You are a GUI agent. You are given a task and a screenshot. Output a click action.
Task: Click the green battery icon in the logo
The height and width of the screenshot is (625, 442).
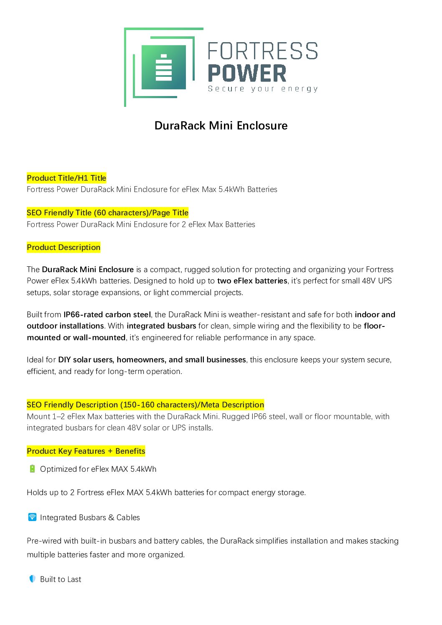tap(164, 67)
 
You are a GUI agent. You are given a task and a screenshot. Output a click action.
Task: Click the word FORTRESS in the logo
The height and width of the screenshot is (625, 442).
tap(263, 51)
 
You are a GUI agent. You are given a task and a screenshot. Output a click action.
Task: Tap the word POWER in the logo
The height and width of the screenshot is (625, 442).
tap(247, 73)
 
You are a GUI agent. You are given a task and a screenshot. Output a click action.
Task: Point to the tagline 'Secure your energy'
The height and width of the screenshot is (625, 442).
tap(263, 89)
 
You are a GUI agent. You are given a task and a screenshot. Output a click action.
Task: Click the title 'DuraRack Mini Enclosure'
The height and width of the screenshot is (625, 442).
tap(221, 126)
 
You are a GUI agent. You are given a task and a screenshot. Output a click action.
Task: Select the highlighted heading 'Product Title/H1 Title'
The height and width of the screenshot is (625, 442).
tap(66, 178)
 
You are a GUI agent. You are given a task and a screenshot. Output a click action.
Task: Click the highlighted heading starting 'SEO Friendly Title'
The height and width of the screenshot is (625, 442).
tap(107, 213)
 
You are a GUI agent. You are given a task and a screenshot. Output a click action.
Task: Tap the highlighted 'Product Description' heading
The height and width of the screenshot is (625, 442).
tap(64, 247)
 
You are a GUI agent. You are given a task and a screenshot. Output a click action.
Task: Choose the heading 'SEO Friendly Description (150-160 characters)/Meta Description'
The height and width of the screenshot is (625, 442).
tap(145, 405)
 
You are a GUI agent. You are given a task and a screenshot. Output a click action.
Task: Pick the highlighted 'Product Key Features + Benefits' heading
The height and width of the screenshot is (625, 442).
tap(86, 451)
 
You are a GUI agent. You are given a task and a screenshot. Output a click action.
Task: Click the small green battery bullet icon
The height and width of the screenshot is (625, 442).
tap(32, 469)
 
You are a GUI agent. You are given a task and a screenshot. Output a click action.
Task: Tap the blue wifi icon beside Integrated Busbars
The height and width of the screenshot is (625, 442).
tap(32, 517)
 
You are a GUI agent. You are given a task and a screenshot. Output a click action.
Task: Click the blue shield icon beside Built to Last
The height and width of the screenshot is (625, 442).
tap(32, 579)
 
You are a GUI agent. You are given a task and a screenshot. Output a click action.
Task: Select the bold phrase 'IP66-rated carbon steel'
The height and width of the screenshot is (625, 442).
tap(107, 314)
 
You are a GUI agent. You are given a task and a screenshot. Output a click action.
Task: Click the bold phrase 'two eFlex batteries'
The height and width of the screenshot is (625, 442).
tap(252, 281)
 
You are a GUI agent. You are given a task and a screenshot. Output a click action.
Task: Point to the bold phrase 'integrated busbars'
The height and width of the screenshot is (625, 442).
tap(161, 326)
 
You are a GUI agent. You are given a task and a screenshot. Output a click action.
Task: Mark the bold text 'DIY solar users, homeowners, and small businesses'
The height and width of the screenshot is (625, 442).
tap(152, 359)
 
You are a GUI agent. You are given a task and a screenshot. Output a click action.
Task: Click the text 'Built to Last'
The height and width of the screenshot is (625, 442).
tap(61, 579)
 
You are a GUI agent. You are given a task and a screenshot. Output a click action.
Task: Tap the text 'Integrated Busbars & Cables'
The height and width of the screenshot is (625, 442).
tap(90, 517)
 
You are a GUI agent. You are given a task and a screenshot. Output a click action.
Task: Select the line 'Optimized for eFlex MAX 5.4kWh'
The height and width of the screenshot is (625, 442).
tap(98, 469)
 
